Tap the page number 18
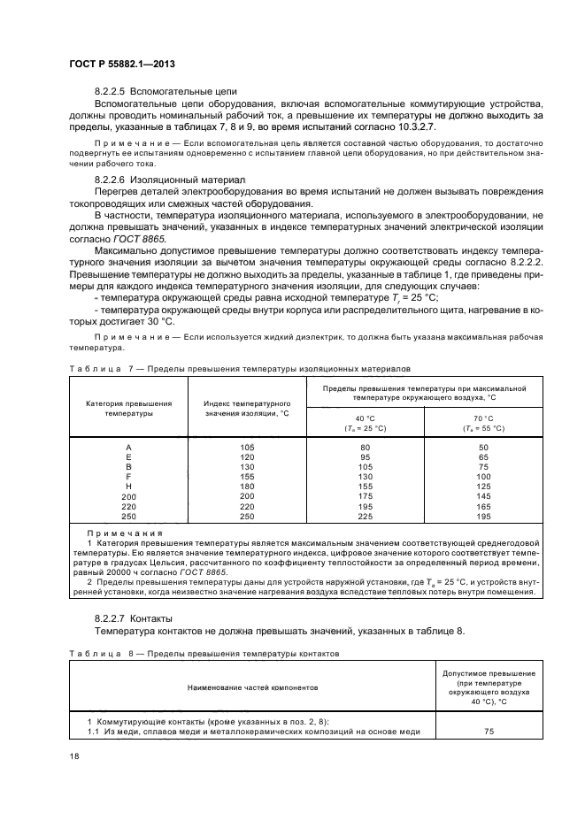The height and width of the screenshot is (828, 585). (x=73, y=755)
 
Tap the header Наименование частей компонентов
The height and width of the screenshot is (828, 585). (x=252, y=686)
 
